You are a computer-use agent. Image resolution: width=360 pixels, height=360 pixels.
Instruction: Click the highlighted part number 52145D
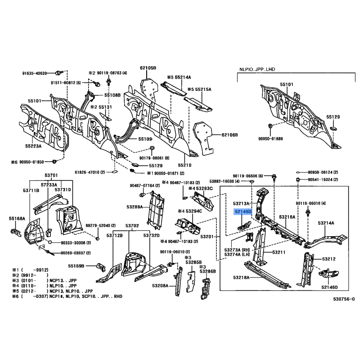point(243,211)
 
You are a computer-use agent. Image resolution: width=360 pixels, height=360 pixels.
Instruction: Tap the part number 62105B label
point(148,68)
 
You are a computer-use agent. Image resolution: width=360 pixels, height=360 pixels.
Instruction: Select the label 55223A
point(33,146)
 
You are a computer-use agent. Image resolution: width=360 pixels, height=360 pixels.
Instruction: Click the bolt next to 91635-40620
point(58,73)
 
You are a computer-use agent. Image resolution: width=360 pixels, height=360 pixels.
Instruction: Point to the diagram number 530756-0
point(344,299)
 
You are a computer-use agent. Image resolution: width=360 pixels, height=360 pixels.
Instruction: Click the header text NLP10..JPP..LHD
point(257,69)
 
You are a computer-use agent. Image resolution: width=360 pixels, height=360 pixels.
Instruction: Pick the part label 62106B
point(229,135)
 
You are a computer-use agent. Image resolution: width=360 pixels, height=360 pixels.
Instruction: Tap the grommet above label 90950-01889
point(270,126)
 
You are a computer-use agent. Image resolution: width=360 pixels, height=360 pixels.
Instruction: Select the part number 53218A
point(241,277)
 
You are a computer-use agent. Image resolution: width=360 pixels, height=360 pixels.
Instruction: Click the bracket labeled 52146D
point(328,273)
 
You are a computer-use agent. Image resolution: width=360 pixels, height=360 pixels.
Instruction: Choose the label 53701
point(51,175)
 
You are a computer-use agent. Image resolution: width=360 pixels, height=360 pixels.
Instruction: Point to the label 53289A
point(135,207)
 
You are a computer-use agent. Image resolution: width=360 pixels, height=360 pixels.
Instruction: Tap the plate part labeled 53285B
point(191,282)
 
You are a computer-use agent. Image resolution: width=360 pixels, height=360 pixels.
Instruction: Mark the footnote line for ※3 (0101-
point(44,280)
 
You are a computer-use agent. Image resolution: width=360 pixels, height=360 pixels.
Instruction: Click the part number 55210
point(184,165)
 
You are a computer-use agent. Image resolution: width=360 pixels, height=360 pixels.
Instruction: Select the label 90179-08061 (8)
point(154,158)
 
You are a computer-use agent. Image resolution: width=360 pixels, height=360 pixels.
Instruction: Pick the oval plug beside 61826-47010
point(115,171)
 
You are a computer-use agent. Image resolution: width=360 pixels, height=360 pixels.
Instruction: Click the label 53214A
point(326,223)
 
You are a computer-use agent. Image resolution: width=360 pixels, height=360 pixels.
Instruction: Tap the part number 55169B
point(76,266)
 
